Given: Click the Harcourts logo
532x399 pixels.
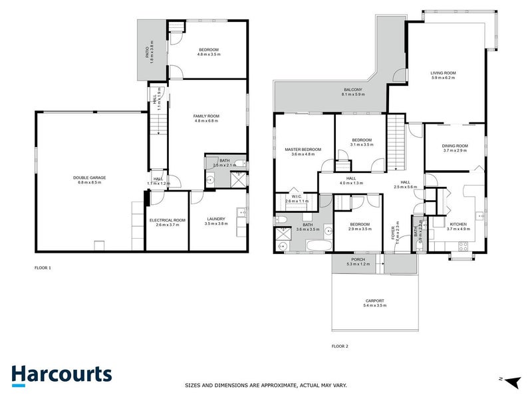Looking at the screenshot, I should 61,374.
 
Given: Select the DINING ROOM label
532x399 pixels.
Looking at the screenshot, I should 456,148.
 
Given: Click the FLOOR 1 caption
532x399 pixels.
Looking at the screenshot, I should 43,268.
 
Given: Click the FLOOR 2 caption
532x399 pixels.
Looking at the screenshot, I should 340,346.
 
